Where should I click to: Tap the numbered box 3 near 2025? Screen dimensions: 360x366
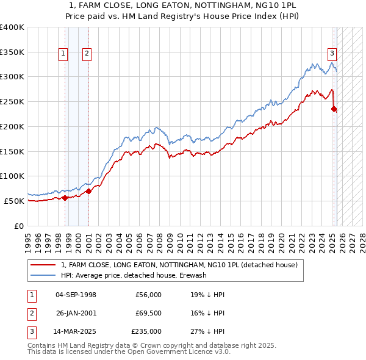click(332, 52)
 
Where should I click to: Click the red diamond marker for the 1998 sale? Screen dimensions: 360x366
click(65, 198)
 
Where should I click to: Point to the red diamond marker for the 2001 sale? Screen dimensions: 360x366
click(88, 191)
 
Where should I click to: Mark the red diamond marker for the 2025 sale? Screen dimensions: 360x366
click(334, 109)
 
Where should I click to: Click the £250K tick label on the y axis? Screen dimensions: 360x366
click(12, 102)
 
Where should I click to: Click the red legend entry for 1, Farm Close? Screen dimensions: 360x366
click(179, 265)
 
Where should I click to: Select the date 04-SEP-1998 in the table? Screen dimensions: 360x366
click(76, 295)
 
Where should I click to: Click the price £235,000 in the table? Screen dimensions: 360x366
click(146, 331)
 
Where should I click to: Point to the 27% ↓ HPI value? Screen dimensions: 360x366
click(207, 331)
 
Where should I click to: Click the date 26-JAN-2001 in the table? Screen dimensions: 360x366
click(76, 313)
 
